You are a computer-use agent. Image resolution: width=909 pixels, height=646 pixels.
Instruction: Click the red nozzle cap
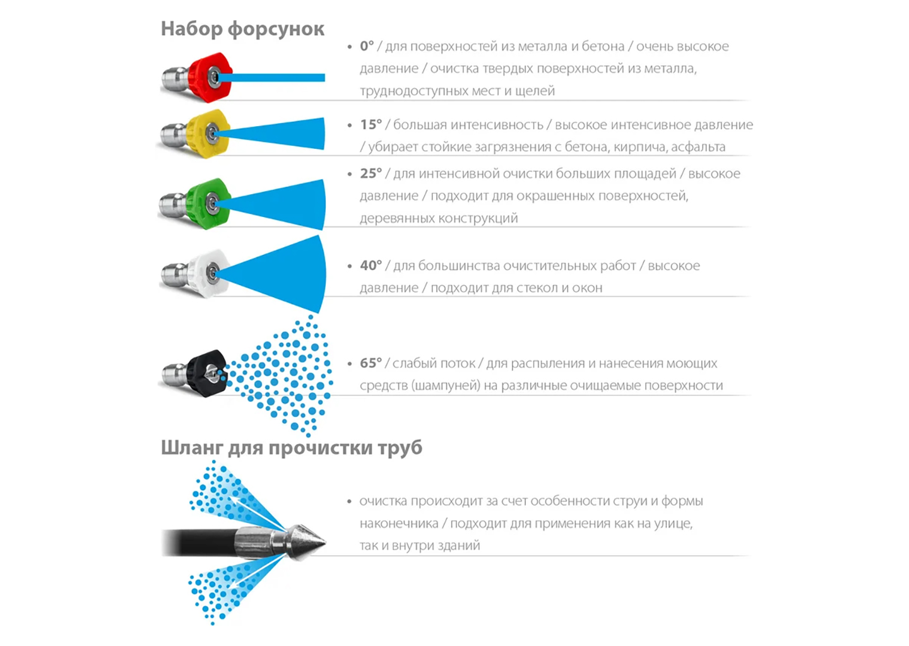[210, 77]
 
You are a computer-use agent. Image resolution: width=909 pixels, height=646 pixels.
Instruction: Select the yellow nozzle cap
[208, 133]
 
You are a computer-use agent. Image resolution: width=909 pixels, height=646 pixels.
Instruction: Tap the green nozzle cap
[208, 203]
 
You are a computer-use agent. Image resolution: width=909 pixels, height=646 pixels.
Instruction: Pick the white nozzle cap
[208, 273]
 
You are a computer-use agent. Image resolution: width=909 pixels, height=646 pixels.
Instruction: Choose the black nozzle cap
[207, 373]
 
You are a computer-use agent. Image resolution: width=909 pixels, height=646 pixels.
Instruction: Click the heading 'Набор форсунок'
[242, 29]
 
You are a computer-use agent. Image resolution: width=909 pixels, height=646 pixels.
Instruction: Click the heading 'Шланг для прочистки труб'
[292, 448]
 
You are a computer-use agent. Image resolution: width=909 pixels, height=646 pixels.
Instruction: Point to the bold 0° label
[367, 46]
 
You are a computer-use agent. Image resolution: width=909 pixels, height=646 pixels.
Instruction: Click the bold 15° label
[371, 124]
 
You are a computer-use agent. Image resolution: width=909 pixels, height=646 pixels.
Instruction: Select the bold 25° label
[371, 173]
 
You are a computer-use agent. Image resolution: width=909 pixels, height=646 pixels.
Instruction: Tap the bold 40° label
[371, 266]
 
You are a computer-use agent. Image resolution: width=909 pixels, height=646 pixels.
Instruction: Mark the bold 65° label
[371, 363]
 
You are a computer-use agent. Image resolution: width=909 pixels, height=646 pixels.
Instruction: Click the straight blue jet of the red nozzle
[271, 78]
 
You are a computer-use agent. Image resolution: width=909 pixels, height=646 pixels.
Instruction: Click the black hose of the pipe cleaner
[199, 542]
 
